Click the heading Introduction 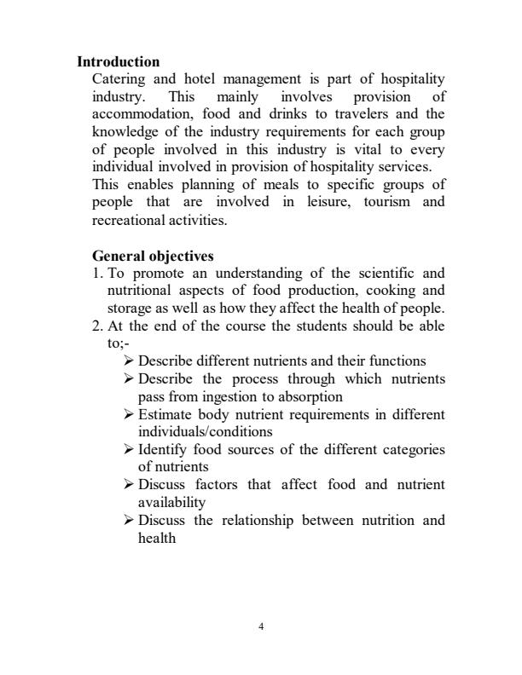click(119, 62)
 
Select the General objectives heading click(153, 256)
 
